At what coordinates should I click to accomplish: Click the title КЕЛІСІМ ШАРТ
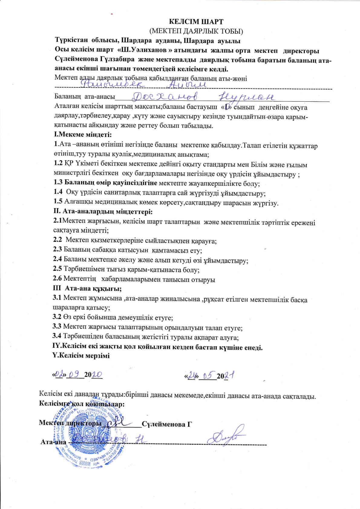click(x=196, y=22)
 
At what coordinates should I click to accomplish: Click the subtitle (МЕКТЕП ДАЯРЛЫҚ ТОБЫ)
click(x=196, y=31)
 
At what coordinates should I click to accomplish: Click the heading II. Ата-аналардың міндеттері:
click(x=103, y=211)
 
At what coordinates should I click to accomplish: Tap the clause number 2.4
click(x=57, y=259)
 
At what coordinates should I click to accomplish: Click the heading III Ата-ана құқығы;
click(x=87, y=289)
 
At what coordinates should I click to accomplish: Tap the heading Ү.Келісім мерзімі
click(x=81, y=356)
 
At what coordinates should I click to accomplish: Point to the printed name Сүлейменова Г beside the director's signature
click(x=167, y=424)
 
